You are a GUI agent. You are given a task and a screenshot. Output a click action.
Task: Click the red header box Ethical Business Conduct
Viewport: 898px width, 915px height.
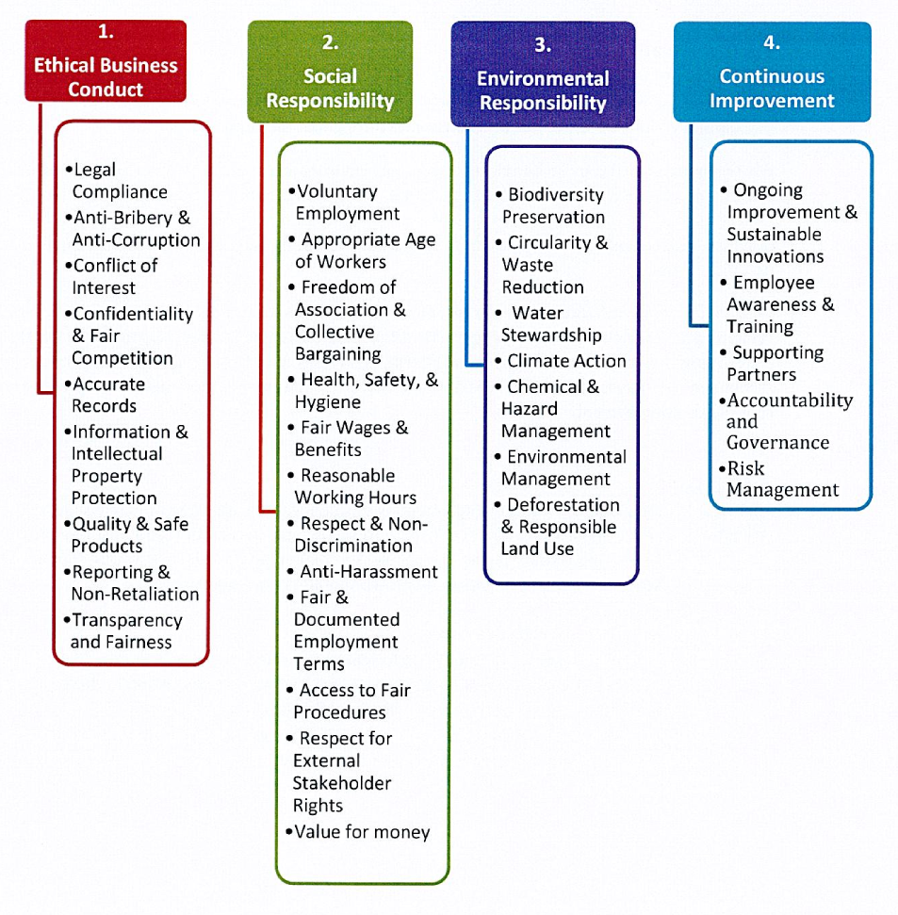click(x=106, y=62)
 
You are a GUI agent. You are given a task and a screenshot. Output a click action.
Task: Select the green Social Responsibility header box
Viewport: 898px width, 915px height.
click(x=330, y=74)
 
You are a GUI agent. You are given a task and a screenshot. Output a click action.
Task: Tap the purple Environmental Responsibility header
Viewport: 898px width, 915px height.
click(x=543, y=75)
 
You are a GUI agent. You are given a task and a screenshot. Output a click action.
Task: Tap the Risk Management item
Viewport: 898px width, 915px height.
click(x=782, y=479)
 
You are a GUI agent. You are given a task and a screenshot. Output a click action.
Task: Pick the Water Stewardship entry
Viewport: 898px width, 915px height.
click(x=551, y=324)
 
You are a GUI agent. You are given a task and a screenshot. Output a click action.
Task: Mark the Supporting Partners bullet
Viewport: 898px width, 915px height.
click(x=776, y=364)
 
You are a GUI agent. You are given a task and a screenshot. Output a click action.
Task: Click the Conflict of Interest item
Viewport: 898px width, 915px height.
click(x=113, y=277)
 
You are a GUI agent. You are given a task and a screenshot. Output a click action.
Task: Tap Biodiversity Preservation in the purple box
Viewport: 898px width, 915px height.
click(x=554, y=205)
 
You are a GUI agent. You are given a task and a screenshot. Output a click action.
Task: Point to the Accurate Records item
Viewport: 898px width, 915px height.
click(x=108, y=395)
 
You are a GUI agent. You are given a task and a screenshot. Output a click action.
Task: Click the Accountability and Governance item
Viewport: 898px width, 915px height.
click(x=789, y=421)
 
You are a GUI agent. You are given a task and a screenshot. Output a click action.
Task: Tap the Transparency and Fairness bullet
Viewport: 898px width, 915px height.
click(x=125, y=631)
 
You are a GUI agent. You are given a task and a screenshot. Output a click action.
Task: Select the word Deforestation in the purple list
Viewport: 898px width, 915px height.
click(x=563, y=505)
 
